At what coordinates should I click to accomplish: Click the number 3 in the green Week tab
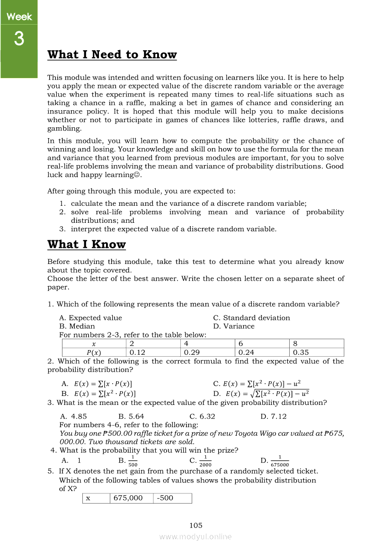(19, 38)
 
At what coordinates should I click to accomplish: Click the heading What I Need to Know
(112, 55)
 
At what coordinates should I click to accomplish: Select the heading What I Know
(87, 245)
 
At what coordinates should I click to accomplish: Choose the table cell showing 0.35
(316, 352)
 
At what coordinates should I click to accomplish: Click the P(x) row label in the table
(94, 352)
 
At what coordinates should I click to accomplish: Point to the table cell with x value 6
(262, 344)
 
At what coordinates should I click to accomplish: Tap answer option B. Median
(77, 326)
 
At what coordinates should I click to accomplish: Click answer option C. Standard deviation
(251, 318)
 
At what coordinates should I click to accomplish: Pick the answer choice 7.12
(274, 417)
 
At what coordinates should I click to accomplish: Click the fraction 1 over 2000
(205, 461)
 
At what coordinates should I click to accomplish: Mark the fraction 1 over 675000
(279, 461)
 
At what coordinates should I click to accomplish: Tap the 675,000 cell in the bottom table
(132, 498)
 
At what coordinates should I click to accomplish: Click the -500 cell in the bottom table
(172, 498)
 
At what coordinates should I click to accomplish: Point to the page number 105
(195, 525)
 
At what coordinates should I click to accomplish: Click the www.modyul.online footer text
(195, 537)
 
